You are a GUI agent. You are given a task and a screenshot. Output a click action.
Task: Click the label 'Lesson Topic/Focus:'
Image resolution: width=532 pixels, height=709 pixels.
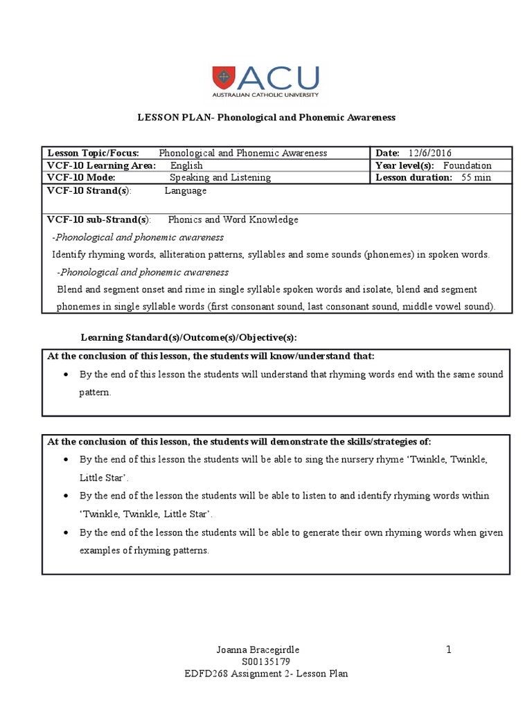coord(93,153)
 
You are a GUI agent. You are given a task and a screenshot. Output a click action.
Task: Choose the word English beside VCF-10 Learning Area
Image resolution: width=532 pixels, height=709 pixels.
coord(186,165)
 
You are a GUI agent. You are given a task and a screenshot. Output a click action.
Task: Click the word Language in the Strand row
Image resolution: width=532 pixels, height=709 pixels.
coord(186,190)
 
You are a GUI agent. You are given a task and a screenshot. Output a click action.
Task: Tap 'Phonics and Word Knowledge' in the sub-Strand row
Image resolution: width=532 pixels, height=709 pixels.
coord(233,219)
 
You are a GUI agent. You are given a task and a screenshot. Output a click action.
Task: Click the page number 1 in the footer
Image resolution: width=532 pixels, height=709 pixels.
coord(449,649)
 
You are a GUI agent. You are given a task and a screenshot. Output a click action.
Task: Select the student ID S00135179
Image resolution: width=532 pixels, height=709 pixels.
coord(266,661)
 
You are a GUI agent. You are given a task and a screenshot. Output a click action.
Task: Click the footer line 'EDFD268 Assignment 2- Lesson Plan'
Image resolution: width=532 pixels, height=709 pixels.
coord(266,674)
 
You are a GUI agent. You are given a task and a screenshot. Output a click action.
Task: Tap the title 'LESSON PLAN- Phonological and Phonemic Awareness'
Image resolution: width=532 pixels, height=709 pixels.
coord(265,118)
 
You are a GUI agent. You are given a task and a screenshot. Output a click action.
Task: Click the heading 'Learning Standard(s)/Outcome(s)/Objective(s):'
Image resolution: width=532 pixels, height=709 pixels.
coord(188,337)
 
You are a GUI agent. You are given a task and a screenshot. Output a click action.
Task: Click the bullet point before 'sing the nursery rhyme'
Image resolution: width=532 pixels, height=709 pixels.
coord(66,459)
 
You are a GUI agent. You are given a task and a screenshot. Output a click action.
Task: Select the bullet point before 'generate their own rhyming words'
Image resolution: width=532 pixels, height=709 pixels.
coord(66,532)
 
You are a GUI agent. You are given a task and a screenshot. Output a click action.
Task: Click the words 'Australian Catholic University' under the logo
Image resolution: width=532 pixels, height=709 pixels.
coord(265,94)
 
